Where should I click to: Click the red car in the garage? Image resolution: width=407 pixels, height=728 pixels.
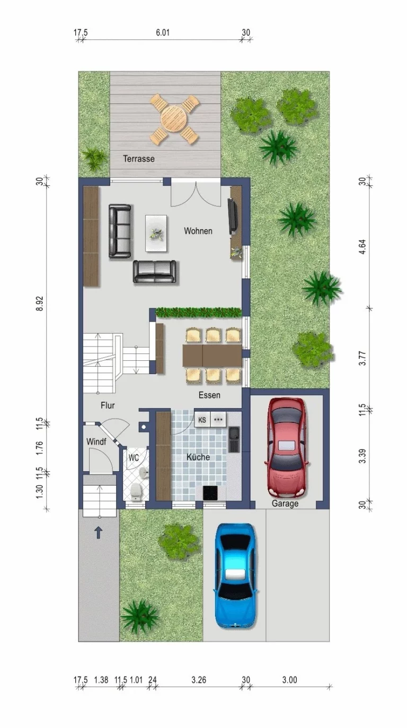coord(287,447)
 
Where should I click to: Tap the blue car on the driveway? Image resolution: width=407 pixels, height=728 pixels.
coord(235,576)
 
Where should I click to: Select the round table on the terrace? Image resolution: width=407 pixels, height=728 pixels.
coord(174,119)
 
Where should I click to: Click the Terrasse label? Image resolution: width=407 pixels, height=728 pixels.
coord(139,159)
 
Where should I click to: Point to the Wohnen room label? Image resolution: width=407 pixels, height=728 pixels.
coord(198,231)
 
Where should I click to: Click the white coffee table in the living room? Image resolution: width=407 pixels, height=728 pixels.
coord(156,233)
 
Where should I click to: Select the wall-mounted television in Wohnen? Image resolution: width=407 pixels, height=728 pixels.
coord(233,216)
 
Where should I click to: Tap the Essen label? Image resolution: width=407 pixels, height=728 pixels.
coord(209,395)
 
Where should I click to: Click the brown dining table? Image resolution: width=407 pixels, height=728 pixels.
coord(213,355)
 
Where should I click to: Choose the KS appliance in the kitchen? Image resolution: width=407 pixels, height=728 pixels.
coord(202,420)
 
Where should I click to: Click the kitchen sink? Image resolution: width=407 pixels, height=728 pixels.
coord(234,439)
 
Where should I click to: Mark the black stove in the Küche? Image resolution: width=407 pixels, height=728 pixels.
coord(210,493)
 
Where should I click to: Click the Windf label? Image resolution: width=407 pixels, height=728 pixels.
coord(96,441)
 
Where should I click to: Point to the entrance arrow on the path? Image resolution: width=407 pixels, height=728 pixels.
coord(99,533)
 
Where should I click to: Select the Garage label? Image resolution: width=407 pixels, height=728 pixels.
coord(285,504)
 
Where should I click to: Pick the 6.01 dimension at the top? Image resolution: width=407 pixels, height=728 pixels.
coord(163,32)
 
